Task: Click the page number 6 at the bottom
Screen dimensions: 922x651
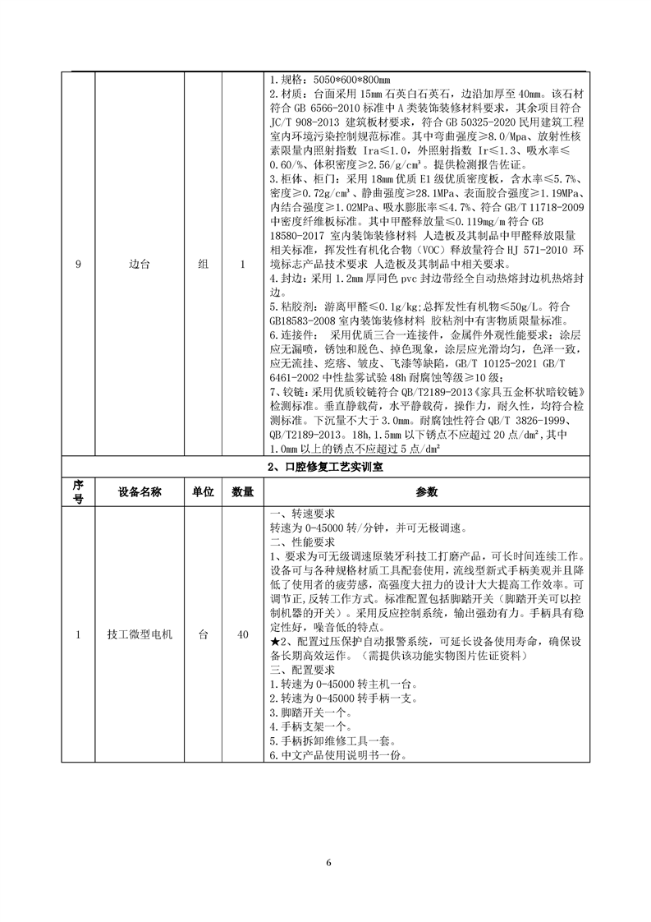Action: click(328, 863)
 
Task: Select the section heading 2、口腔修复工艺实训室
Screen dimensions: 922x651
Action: click(326, 467)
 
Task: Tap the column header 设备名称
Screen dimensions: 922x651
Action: click(138, 491)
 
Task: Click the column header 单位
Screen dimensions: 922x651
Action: click(203, 491)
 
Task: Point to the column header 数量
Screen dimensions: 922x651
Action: click(241, 491)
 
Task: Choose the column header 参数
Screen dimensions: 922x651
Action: click(427, 491)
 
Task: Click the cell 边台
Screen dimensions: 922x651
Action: click(138, 266)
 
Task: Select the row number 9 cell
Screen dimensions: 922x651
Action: click(78, 266)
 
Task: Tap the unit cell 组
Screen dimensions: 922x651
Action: click(203, 266)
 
